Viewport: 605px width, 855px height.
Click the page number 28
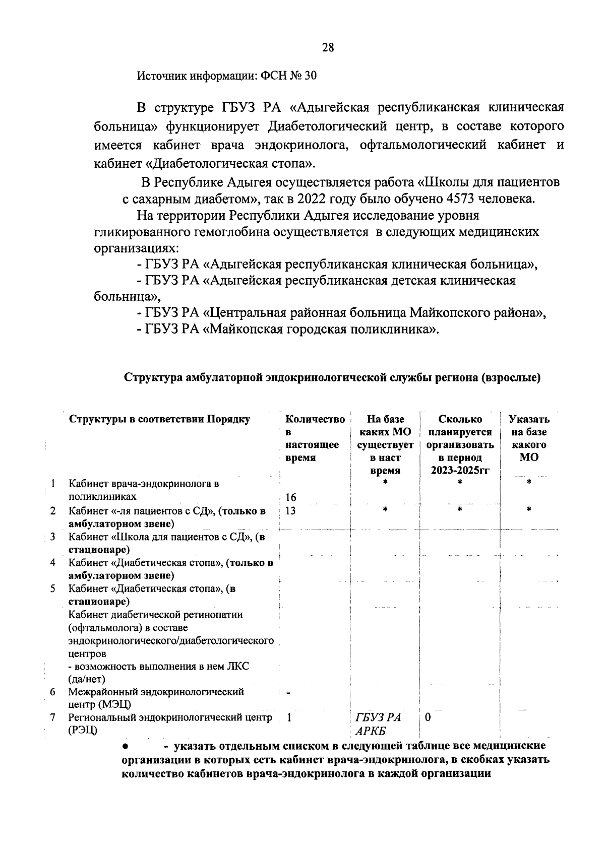click(x=328, y=48)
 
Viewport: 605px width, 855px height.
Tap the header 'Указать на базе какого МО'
click(x=529, y=438)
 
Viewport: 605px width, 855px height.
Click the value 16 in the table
click(x=291, y=498)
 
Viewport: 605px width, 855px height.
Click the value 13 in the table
click(x=290, y=511)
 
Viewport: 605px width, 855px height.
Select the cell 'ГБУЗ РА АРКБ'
click(x=377, y=725)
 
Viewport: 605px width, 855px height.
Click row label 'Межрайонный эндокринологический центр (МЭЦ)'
click(x=156, y=698)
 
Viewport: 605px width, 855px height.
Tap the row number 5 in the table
click(x=52, y=588)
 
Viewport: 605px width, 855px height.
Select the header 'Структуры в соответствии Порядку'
click(x=159, y=419)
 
